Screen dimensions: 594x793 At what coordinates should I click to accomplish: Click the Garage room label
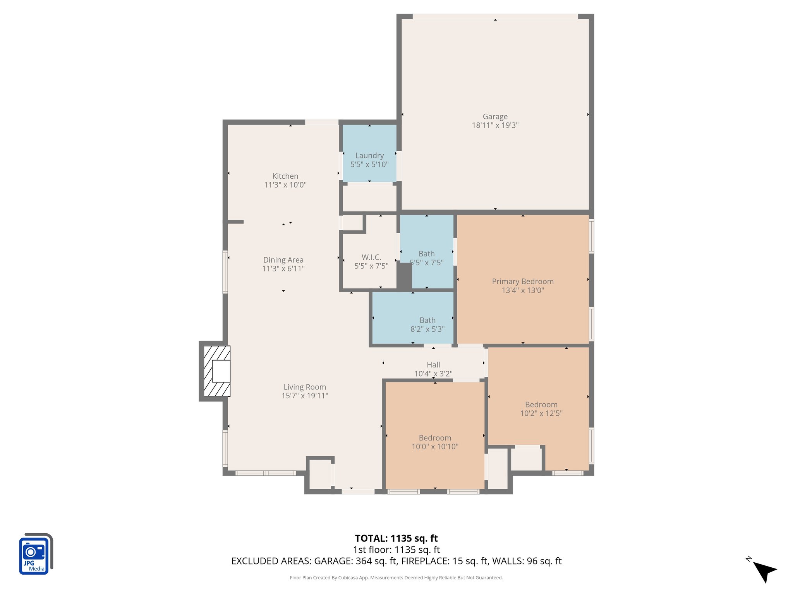click(x=495, y=116)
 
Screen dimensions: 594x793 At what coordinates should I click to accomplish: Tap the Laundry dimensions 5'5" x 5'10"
click(x=369, y=164)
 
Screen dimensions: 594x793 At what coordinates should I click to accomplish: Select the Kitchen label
click(x=285, y=176)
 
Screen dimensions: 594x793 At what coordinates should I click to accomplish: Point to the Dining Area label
click(x=283, y=260)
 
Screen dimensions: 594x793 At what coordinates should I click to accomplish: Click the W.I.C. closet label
click(x=371, y=257)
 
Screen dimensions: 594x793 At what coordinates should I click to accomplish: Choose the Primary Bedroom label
click(x=523, y=282)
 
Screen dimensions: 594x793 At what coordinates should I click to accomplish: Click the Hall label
click(x=433, y=365)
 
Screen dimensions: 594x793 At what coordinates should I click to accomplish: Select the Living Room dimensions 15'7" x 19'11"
click(x=305, y=396)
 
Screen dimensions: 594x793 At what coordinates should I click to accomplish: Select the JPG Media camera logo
click(x=35, y=554)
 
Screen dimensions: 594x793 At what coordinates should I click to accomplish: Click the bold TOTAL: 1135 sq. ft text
click(x=396, y=538)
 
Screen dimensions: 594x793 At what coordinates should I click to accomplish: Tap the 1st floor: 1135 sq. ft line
click(x=396, y=550)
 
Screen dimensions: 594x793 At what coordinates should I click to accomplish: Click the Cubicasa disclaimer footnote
click(x=396, y=578)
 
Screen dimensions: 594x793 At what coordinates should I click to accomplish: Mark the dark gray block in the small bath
click(x=404, y=276)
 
